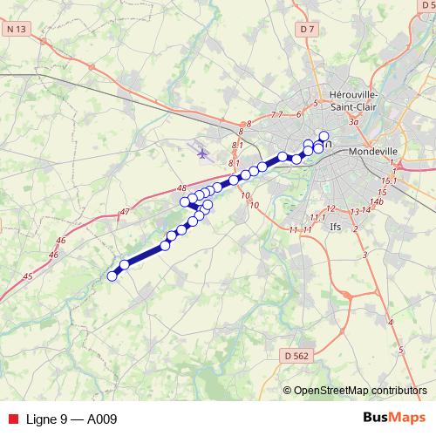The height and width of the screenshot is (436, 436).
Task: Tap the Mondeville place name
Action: [x=373, y=150]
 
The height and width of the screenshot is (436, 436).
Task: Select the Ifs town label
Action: [x=336, y=226]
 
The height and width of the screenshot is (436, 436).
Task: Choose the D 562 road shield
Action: [x=297, y=356]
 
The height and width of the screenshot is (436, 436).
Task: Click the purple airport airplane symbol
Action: [x=203, y=153]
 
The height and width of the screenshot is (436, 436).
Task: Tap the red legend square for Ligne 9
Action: [x=12, y=419]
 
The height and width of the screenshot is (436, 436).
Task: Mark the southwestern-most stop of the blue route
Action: [x=112, y=276]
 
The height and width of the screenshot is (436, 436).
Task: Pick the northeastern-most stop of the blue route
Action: [x=324, y=135]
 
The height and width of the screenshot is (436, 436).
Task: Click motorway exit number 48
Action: [x=181, y=187]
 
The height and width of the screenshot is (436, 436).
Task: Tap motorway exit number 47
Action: [x=125, y=212]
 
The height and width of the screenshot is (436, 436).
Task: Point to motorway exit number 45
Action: [x=28, y=276]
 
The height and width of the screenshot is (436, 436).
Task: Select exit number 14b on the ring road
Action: [x=377, y=202]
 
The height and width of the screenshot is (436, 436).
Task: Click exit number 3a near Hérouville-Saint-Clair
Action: [x=353, y=123]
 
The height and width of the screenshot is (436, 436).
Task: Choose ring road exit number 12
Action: [x=330, y=208]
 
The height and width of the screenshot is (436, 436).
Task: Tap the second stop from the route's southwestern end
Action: [x=124, y=263]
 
